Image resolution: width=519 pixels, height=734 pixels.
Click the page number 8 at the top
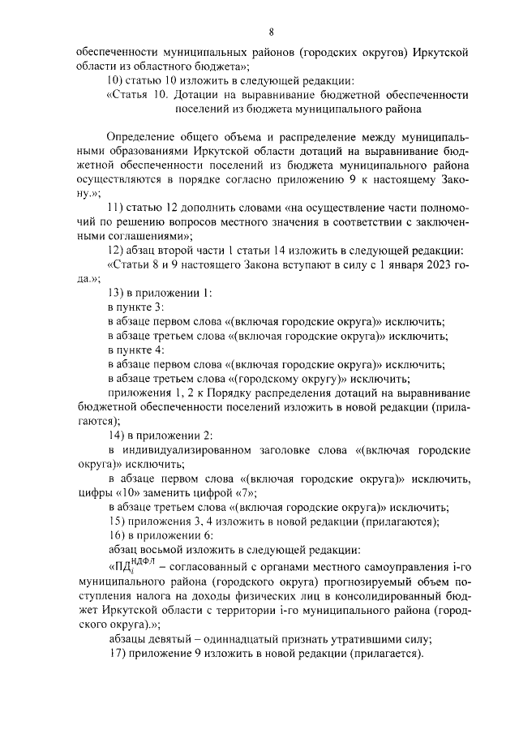pyautogui.click(x=272, y=32)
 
